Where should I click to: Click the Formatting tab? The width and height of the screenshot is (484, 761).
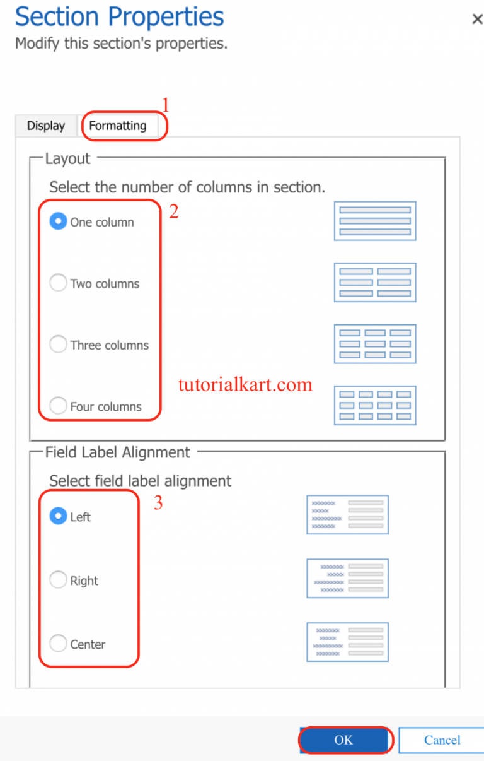[x=118, y=126]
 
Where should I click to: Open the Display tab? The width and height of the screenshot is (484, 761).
[x=46, y=126]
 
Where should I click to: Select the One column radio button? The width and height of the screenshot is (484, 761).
[x=58, y=221]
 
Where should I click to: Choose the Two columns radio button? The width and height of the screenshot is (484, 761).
[x=58, y=283]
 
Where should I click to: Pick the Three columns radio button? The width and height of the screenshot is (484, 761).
[x=58, y=345]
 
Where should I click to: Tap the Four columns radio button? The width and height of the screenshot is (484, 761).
[x=58, y=406]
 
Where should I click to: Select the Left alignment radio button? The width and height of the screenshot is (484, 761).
[x=58, y=516]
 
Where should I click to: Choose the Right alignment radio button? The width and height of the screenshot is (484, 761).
[x=58, y=580]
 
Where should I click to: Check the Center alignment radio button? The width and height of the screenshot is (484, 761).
[x=58, y=644]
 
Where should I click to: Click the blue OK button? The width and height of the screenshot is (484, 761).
[x=344, y=740]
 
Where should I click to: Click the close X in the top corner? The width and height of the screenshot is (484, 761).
[x=477, y=20]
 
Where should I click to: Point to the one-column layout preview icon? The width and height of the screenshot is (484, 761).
[x=375, y=221]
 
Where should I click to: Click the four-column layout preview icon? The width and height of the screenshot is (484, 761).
[x=375, y=405]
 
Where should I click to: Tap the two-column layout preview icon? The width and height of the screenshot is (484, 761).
[x=375, y=282]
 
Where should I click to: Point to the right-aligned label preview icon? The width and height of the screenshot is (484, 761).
[x=347, y=578]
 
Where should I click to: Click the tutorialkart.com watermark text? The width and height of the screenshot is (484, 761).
[x=245, y=384]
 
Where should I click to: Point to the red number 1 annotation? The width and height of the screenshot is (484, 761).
[x=166, y=105]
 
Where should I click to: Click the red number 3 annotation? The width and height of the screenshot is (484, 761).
[x=158, y=504]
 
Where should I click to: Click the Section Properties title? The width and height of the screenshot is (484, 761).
[x=120, y=17]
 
